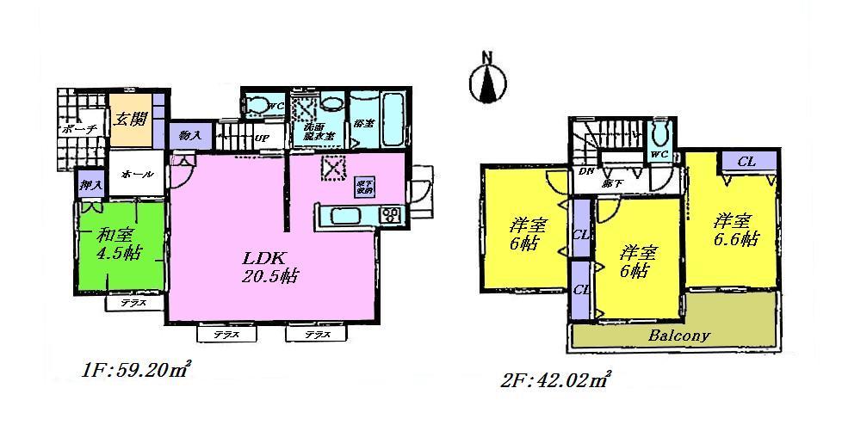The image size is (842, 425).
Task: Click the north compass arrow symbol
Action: coord(488,81)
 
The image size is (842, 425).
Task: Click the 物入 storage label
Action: coord(190,135)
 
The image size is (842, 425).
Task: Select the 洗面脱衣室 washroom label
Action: coord(312,133)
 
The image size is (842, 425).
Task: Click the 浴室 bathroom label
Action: coord(363,124)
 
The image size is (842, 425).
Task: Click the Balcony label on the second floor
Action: coord(680,336)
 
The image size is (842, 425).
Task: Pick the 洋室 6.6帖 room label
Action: coord(734,231)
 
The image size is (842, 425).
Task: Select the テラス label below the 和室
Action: coord(133,303)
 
